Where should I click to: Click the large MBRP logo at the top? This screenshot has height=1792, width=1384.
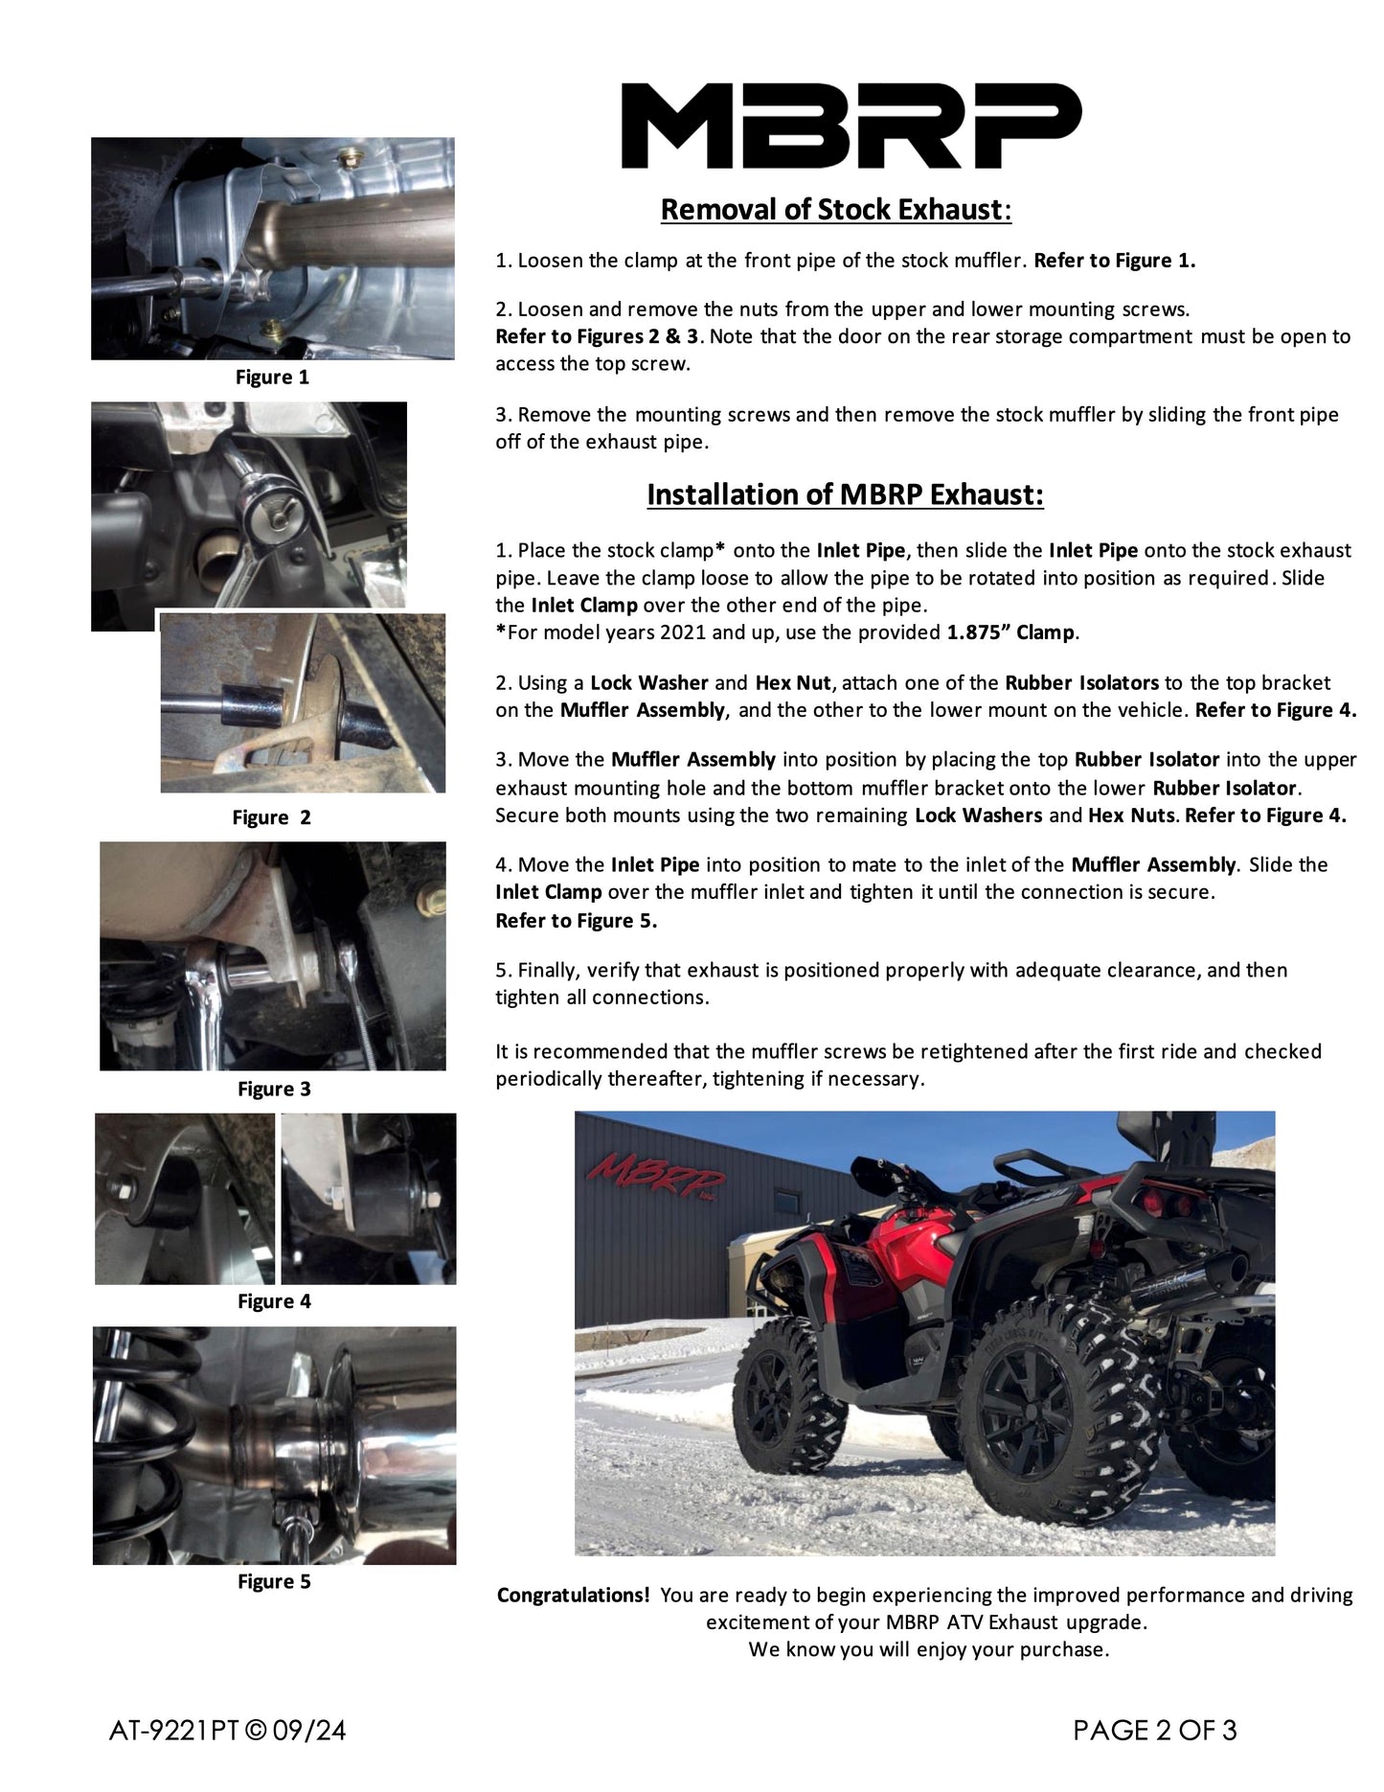pos(851,126)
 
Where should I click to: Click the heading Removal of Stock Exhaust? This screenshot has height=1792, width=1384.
pos(835,210)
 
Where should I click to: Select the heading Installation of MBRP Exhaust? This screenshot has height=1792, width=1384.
pos(845,494)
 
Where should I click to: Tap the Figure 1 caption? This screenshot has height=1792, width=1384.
pos(272,378)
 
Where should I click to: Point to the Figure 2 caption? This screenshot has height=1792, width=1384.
pos(271,817)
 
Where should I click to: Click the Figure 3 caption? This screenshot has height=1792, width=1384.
pos(274,1089)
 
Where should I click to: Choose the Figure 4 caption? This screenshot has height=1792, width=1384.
pos(274,1301)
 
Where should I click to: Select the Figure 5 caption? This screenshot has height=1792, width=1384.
pos(274,1581)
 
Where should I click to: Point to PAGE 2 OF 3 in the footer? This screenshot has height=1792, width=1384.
pos(1155,1730)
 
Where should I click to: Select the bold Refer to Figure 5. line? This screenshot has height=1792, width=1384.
pos(576,921)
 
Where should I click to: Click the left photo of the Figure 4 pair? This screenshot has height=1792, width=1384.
pos(184,1198)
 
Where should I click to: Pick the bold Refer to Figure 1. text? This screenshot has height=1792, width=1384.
pos(1114,261)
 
